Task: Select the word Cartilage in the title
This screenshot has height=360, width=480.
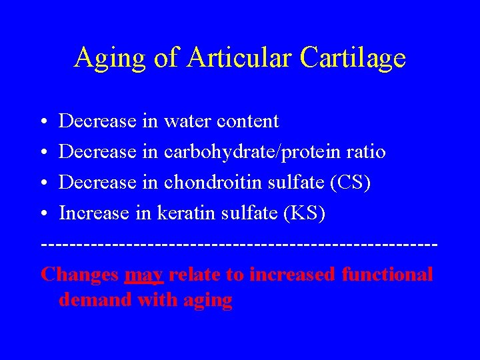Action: point(353,59)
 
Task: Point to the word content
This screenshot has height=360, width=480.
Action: point(249,121)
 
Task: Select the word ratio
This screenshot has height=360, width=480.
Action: point(366,152)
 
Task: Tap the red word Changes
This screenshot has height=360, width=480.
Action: point(79,275)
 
